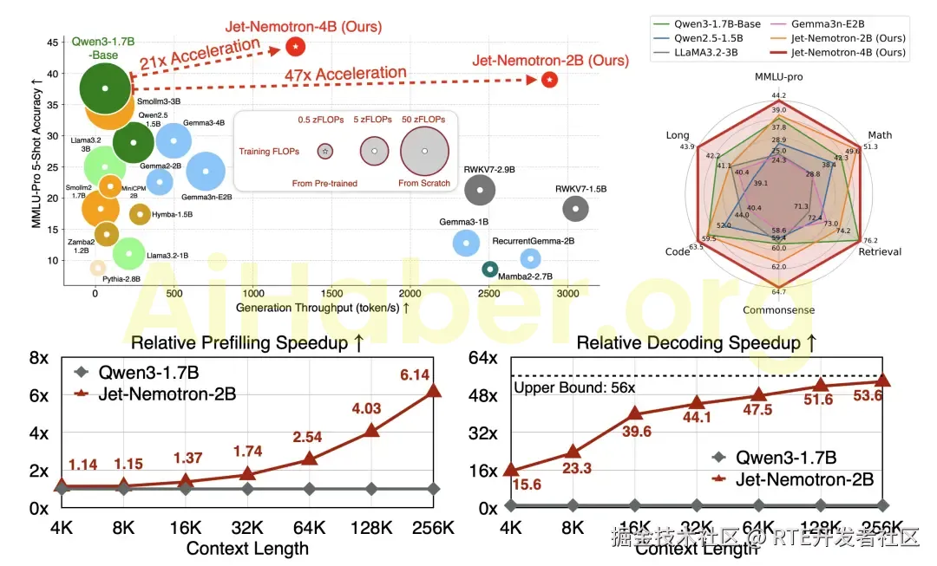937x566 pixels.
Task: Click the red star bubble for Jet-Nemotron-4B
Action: (296, 46)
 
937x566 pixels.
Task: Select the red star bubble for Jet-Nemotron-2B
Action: (549, 80)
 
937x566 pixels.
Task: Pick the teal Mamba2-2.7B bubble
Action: (490, 270)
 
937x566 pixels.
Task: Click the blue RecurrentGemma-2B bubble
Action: (530, 258)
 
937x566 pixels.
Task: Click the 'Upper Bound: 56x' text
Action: (562, 387)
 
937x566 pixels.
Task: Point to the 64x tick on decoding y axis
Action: (482, 357)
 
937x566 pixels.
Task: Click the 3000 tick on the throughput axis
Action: (568, 294)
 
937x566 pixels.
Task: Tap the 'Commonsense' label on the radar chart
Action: (778, 309)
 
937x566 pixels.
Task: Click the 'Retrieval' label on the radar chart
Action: (880, 251)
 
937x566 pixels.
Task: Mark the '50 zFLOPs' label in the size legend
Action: (424, 118)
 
